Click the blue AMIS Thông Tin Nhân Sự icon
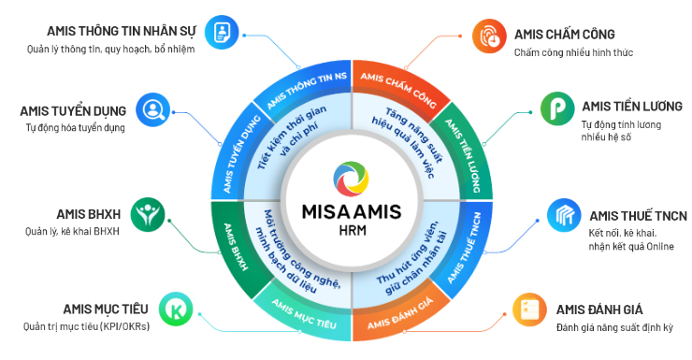[x=222, y=32]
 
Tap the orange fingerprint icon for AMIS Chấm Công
[x=489, y=36]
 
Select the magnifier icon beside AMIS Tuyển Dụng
[x=152, y=109]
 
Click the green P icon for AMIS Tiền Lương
[x=557, y=108]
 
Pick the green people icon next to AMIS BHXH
[x=148, y=214]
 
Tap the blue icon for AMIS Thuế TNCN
[x=564, y=215]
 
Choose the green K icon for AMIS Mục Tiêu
[x=176, y=310]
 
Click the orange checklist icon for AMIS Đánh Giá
[x=529, y=310]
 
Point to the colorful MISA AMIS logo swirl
[x=352, y=180]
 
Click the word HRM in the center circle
[x=353, y=230]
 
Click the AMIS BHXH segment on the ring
[x=236, y=247]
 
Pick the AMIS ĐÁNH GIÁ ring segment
[x=400, y=314]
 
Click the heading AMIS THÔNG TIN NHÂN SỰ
[x=122, y=32]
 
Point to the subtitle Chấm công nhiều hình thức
[x=573, y=53]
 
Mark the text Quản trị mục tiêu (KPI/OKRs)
[x=86, y=327]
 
